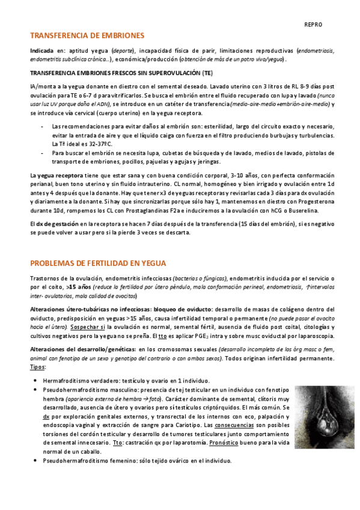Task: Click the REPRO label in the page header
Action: tap(313, 25)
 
